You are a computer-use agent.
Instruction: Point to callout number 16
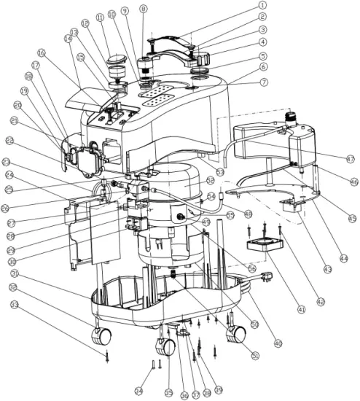[x=41, y=52]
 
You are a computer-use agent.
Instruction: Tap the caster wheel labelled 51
[x=236, y=333]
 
